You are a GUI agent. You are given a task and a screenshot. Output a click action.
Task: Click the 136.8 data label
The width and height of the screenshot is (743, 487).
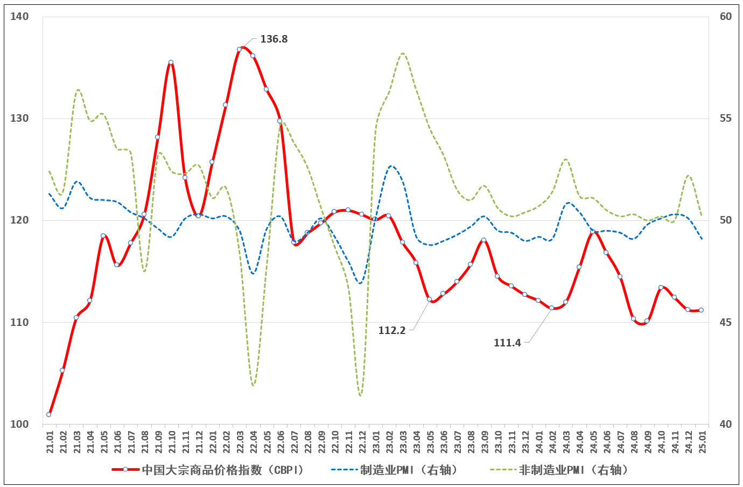[x=274, y=39]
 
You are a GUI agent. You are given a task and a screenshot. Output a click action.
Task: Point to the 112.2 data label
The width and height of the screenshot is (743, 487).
[x=391, y=330]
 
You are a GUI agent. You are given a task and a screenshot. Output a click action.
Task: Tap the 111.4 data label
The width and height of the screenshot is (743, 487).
[x=507, y=343]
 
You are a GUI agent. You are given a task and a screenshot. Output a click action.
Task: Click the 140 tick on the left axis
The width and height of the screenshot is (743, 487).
[x=19, y=17]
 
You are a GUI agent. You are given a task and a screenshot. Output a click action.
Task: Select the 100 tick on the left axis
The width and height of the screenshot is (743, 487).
[x=19, y=424]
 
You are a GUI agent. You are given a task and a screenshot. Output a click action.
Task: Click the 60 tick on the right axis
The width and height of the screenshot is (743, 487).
[x=726, y=17]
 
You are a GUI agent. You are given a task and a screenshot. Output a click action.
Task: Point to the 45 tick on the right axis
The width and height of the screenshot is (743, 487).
[x=726, y=322]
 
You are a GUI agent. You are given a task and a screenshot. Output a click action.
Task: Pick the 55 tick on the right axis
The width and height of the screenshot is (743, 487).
[x=726, y=119]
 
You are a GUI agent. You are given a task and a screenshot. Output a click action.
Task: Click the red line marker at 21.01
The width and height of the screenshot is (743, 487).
[x=49, y=414]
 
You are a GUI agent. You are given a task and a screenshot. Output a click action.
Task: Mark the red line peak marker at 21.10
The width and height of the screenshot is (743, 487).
[x=171, y=62]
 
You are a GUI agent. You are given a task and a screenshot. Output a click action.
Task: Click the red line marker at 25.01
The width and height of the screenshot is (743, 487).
[x=701, y=310]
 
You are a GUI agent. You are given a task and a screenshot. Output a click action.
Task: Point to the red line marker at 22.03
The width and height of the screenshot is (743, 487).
[x=239, y=49]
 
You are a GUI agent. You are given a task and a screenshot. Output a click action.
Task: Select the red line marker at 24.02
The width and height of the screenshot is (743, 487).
[x=551, y=308]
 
